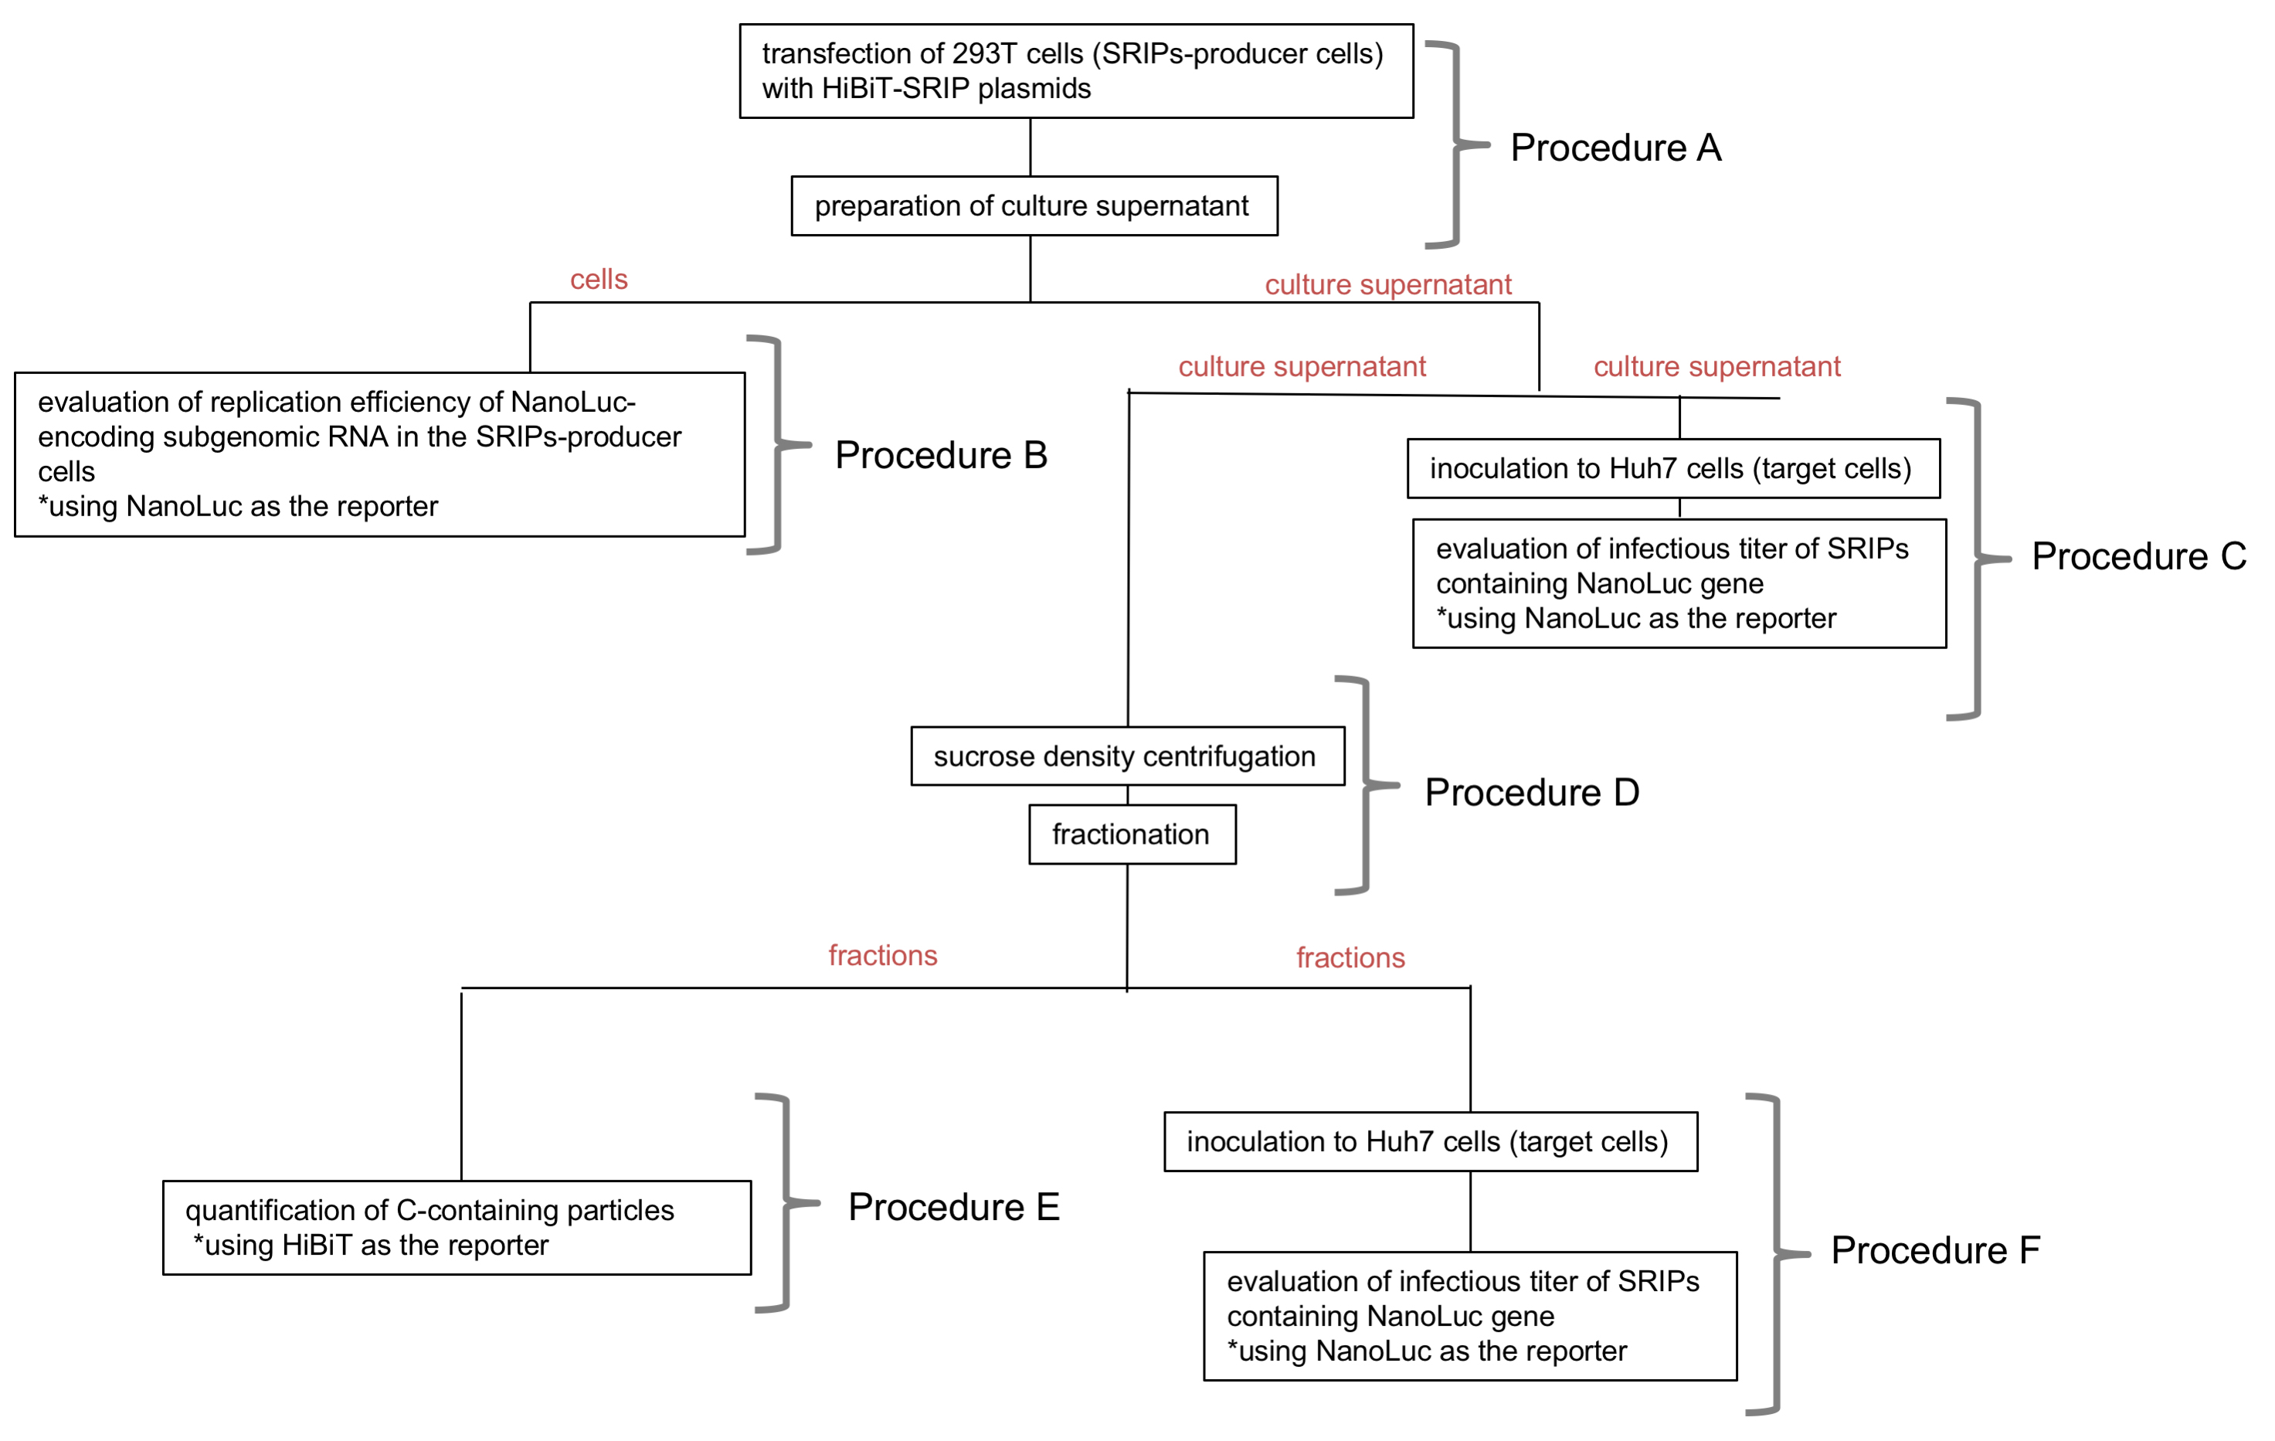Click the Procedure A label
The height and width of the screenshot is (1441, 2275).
coord(1615,148)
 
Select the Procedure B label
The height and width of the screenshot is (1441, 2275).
coord(941,454)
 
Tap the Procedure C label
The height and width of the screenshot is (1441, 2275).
coord(2139,556)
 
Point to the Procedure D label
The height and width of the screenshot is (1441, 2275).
coord(1531,792)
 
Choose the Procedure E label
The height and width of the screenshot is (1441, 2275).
coord(953,1207)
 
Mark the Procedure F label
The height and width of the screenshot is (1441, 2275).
coord(1935,1250)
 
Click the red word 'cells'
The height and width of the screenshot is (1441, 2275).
coord(599,280)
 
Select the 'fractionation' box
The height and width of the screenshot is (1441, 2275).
coord(1132,834)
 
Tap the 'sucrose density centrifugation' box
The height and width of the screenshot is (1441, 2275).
coord(1127,756)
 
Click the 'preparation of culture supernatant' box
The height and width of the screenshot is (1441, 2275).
coord(1034,206)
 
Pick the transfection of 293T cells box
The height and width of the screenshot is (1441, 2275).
coord(1076,71)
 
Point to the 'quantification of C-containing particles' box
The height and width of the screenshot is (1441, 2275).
coord(457,1228)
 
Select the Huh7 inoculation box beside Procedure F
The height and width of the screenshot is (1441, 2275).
coord(1431,1141)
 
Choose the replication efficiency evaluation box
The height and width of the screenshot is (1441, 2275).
coord(380,454)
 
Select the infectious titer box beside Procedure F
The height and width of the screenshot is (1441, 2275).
coord(1470,1317)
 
